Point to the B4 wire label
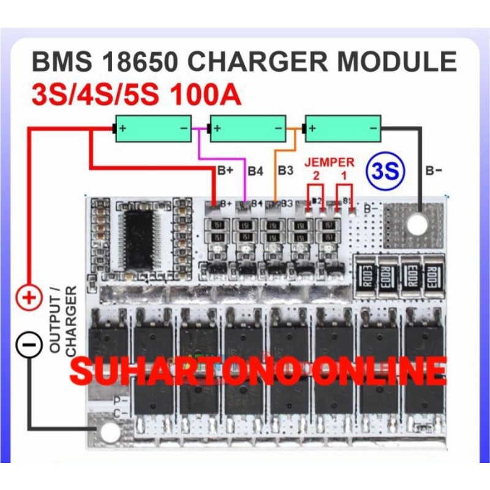(x=255, y=171)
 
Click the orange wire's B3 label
(x=286, y=170)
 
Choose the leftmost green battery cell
(x=153, y=129)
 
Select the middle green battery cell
(x=247, y=129)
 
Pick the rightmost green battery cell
(x=342, y=129)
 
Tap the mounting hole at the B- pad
(x=417, y=224)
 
